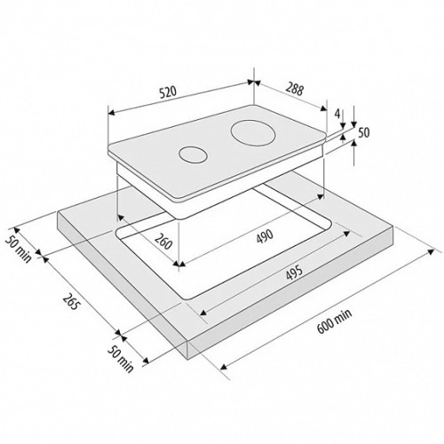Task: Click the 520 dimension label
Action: point(168,91)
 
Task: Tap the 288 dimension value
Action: point(294,89)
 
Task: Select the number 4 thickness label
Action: point(337,113)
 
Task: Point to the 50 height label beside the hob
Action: point(364,132)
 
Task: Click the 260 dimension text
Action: point(163,242)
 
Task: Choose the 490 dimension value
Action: point(265,236)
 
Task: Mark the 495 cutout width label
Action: point(294,273)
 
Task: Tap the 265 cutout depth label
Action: point(71,301)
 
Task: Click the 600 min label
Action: point(335,321)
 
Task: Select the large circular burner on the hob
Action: point(253,133)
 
